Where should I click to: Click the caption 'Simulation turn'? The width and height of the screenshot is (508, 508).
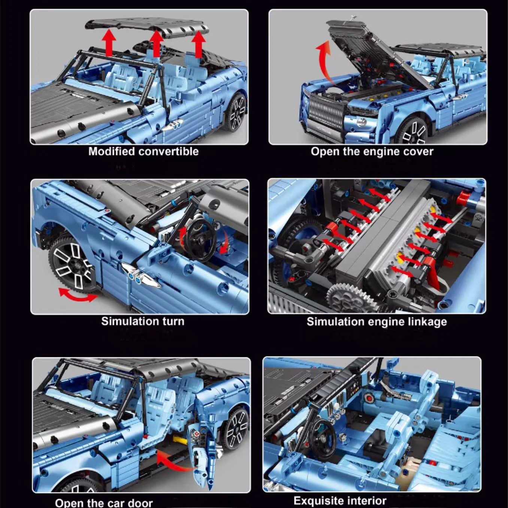(142, 321)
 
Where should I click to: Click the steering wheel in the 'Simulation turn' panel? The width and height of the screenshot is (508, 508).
(200, 240)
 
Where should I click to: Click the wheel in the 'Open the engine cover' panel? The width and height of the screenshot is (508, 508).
(412, 131)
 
